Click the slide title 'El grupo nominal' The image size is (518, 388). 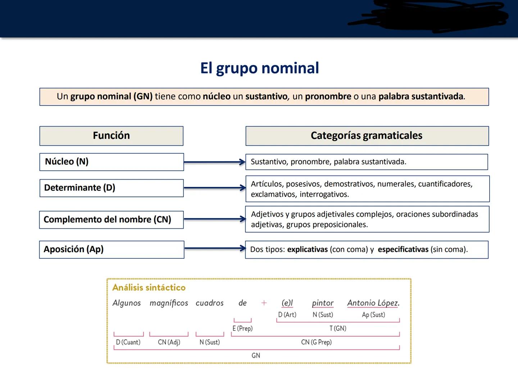click(259, 68)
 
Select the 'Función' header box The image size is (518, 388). click(111, 136)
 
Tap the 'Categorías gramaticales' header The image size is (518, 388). click(367, 136)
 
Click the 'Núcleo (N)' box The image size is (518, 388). click(112, 162)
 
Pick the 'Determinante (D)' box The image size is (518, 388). click(112, 188)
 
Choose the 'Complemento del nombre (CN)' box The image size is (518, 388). click(112, 220)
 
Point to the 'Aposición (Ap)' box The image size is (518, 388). click(112, 249)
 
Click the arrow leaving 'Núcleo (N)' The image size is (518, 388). click(214, 162)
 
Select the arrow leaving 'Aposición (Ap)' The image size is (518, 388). click(214, 248)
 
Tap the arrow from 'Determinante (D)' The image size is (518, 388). click(214, 188)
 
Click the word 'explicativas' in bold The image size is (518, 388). click(307, 250)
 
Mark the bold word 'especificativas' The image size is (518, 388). click(403, 250)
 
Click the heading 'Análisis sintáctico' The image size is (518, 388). click(149, 287)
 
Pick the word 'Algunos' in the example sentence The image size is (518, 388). click(127, 303)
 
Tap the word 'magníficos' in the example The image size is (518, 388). click(169, 303)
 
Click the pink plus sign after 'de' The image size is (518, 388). click(264, 303)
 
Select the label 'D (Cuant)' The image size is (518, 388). click(128, 342)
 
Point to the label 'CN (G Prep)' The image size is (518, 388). click(316, 342)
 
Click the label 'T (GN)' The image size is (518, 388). click(338, 328)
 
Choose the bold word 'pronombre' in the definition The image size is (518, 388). click(328, 97)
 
